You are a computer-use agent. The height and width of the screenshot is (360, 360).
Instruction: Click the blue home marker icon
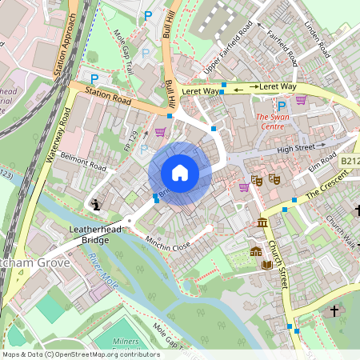click(180, 173)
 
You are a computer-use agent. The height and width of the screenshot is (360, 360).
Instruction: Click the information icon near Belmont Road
click(97, 205)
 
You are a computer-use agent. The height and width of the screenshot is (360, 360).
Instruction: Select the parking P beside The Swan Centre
click(281, 105)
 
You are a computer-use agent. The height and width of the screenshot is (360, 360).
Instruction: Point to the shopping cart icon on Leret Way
click(301, 100)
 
